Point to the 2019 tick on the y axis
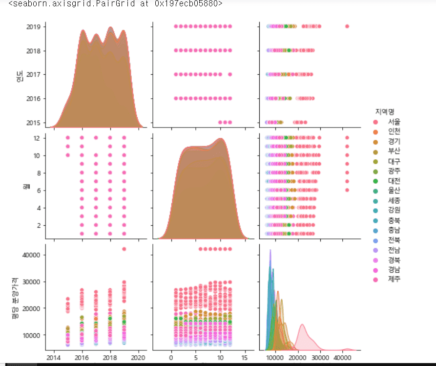click(x=33, y=26)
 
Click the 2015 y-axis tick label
click(x=33, y=122)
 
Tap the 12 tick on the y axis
click(x=38, y=138)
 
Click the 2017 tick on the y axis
click(x=33, y=74)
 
